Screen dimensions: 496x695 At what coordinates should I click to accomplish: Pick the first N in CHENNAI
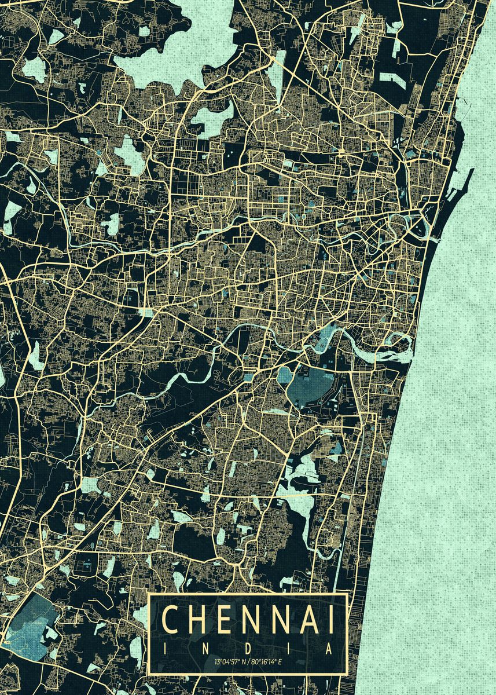[255, 620]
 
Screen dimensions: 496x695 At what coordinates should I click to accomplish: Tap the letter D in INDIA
[248, 649]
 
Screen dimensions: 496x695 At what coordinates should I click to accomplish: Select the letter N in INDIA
[207, 649]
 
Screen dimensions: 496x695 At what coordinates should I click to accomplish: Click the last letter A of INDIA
[329, 649]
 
